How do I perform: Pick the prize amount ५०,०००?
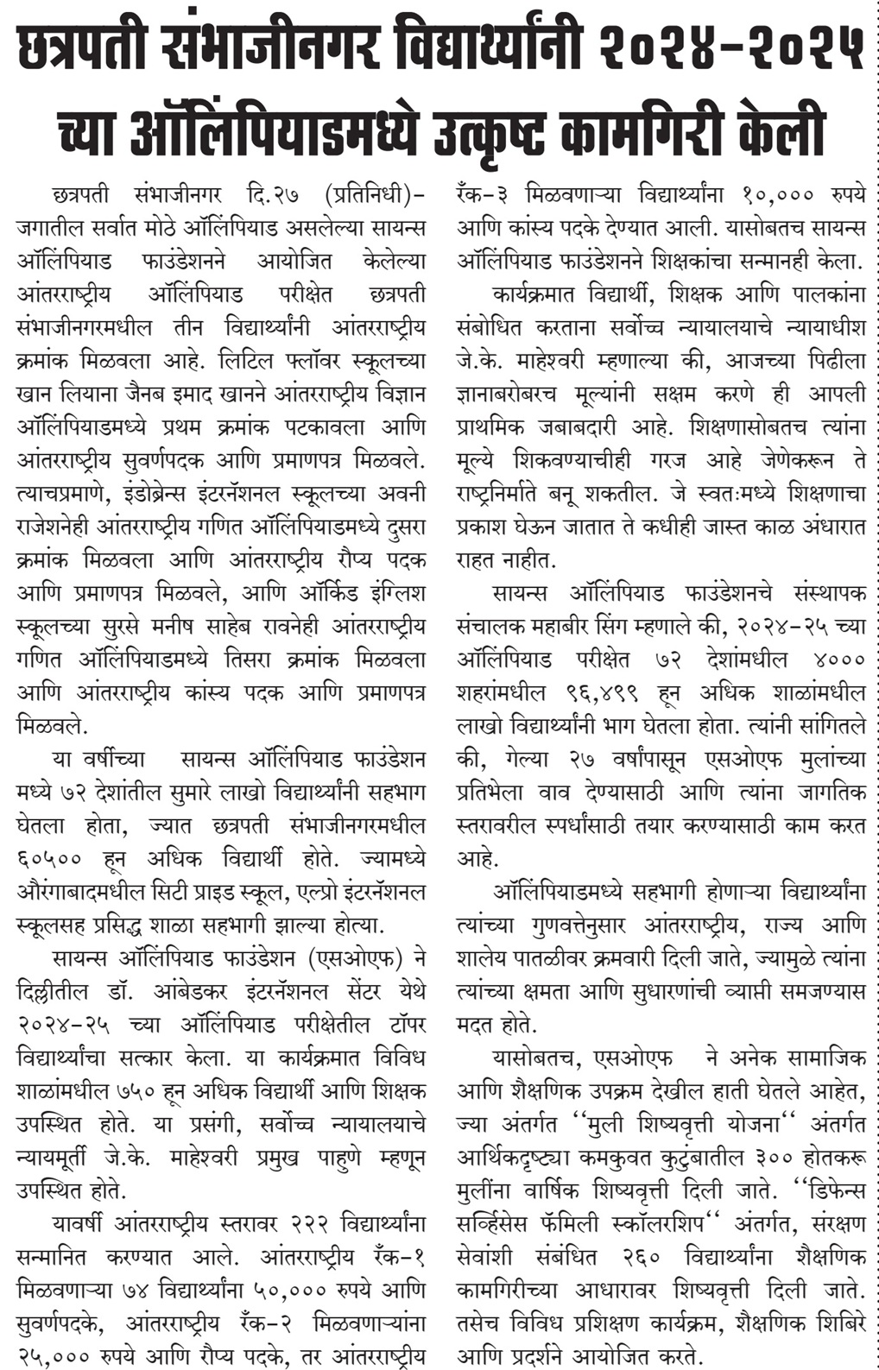pos(289,1291)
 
